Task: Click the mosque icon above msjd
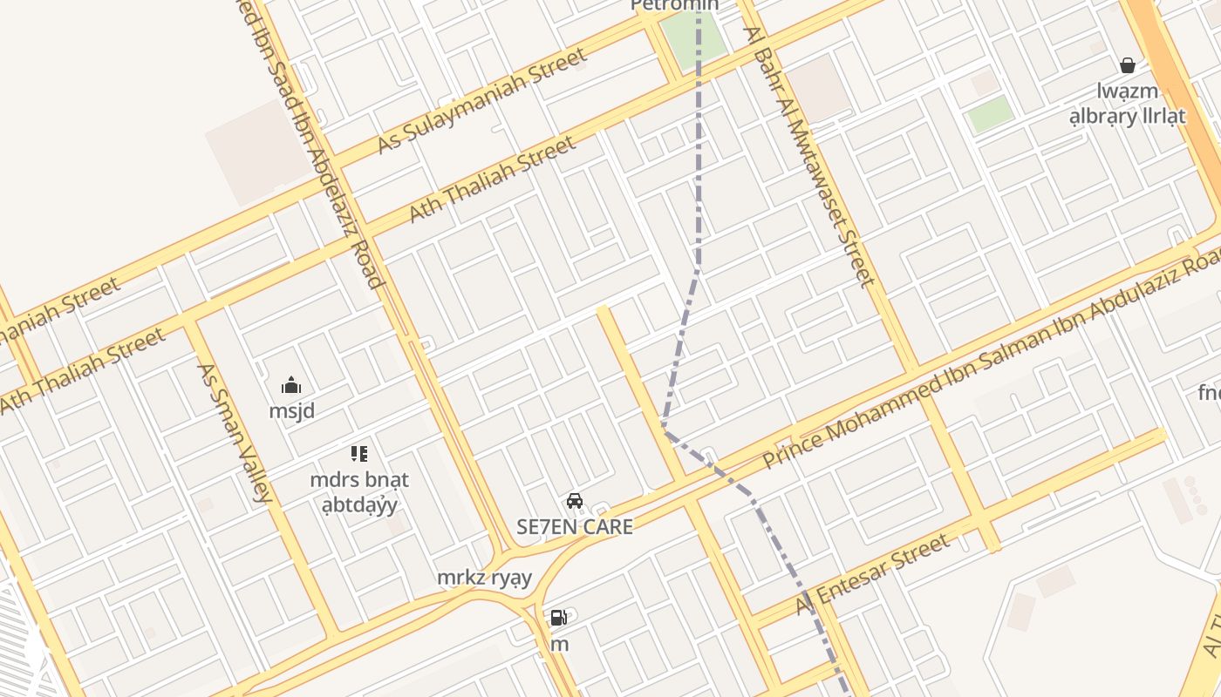point(291,385)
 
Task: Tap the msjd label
point(291,410)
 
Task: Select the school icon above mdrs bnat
point(359,454)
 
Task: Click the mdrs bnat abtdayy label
point(359,492)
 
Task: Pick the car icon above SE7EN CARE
point(575,501)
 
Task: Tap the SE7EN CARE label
point(575,526)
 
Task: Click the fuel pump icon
point(558,619)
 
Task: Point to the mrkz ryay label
point(484,578)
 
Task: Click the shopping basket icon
point(1128,65)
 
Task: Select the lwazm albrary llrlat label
point(1128,103)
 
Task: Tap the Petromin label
point(674,5)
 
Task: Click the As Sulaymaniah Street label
point(481,101)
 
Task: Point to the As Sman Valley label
point(233,433)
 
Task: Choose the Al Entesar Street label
point(872,576)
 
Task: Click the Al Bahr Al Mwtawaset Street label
point(808,157)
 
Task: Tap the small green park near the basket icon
point(991,114)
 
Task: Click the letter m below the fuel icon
point(559,645)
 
